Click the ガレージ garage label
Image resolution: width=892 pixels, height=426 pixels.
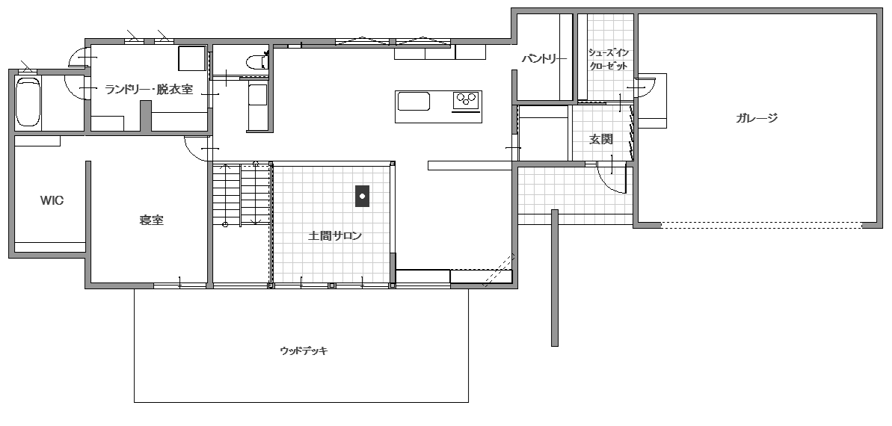pyautogui.click(x=756, y=118)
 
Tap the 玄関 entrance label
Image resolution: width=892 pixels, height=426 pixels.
pyautogui.click(x=600, y=139)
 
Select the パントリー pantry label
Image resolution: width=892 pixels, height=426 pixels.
pyautogui.click(x=544, y=58)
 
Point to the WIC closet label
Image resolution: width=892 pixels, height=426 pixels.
pyautogui.click(x=52, y=201)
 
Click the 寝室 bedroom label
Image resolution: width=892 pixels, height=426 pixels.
pyautogui.click(x=151, y=220)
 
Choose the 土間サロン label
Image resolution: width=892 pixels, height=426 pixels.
pyautogui.click(x=335, y=235)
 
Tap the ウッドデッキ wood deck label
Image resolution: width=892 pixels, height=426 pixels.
pyautogui.click(x=304, y=351)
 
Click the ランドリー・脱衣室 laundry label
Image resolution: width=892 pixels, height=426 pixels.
pyautogui.click(x=149, y=89)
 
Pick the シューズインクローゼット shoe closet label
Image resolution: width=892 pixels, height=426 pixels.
pyautogui.click(x=608, y=59)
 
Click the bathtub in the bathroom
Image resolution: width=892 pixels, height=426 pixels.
pyautogui.click(x=28, y=102)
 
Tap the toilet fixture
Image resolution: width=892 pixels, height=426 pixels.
pyautogui.click(x=258, y=61)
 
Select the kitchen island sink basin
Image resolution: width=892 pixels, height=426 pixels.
pyautogui.click(x=413, y=101)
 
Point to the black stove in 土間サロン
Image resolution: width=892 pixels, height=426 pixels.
pyautogui.click(x=362, y=197)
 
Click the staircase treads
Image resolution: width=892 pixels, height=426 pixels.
pyautogui.click(x=242, y=194)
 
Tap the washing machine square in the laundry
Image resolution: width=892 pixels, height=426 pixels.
pyautogui.click(x=191, y=58)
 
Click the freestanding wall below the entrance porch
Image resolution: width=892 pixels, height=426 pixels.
pyautogui.click(x=555, y=277)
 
